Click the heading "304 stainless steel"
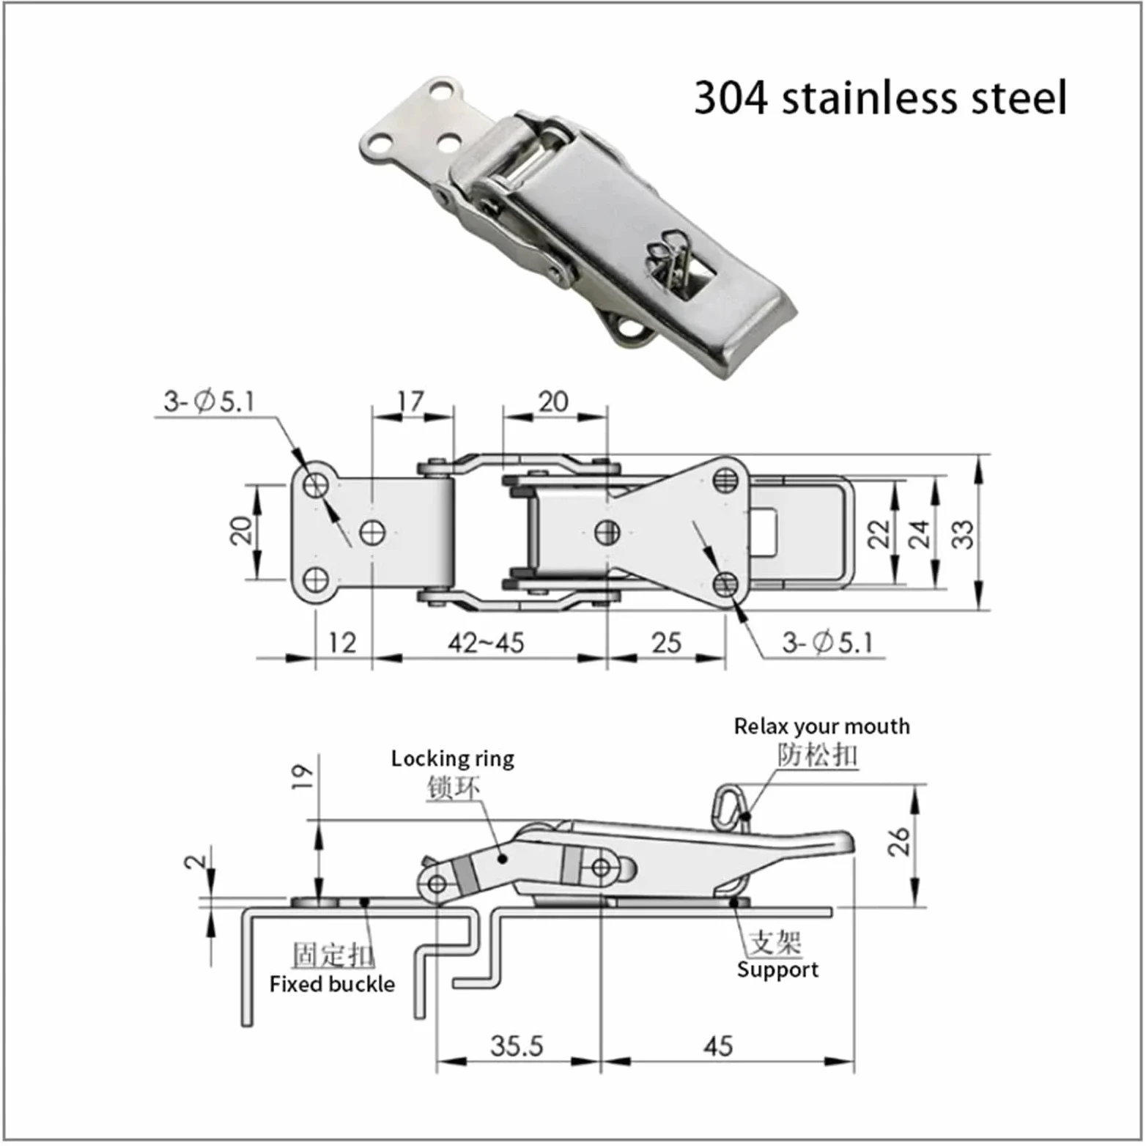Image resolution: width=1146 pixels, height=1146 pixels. coord(879,97)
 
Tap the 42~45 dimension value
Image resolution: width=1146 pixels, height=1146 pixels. coord(486,643)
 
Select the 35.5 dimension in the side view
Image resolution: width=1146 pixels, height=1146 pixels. coord(517,1046)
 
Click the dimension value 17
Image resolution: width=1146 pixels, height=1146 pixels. coord(410,401)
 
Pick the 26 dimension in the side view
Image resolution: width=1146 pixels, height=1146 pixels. coord(899,841)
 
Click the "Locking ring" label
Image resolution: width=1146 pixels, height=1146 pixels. coord(452,758)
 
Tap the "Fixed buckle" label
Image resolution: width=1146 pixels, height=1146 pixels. coord(332,983)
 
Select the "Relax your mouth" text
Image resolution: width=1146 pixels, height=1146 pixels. coord(821,726)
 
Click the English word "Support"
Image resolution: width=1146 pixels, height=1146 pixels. coord(777,969)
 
